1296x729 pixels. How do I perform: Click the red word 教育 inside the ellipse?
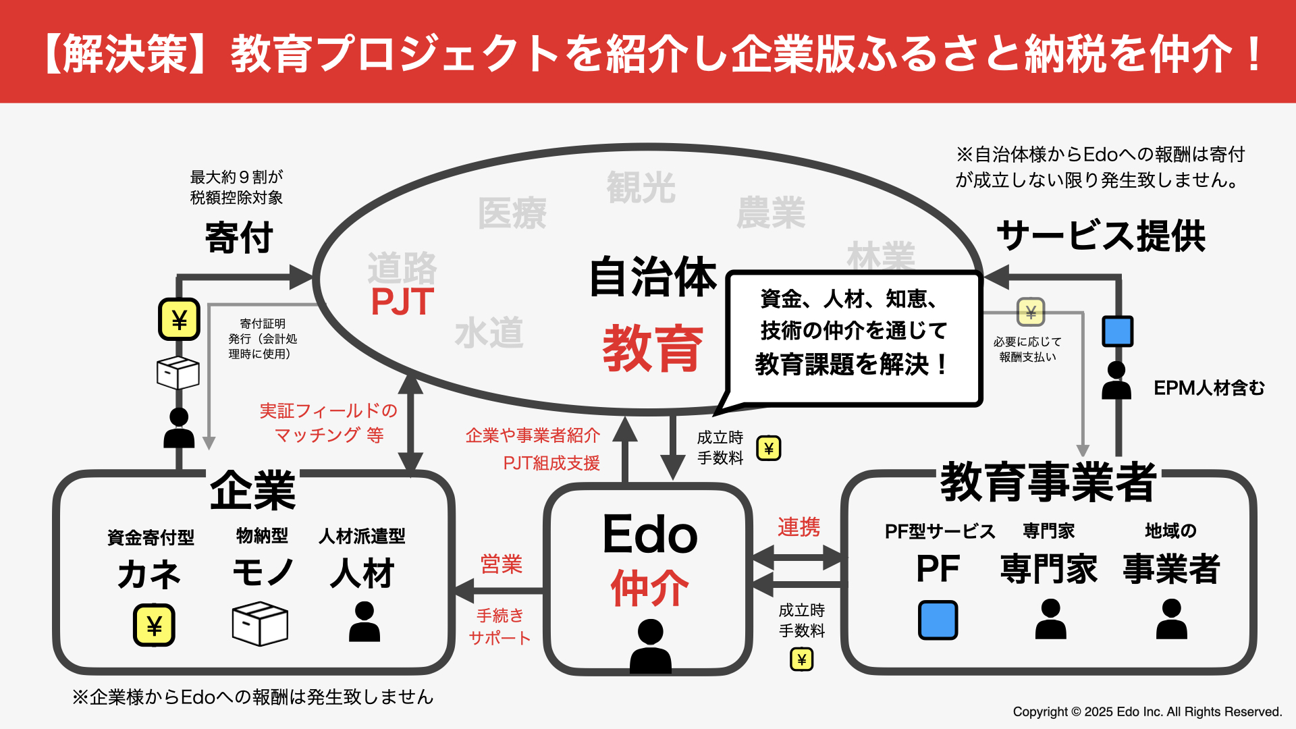652,348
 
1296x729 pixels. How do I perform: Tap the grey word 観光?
641,187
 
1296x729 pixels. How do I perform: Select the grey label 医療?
512,213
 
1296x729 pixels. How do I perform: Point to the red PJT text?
402,302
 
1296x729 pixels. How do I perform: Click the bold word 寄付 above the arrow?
239,238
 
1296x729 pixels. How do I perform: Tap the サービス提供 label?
1101,236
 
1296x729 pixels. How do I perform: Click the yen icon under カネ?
154,625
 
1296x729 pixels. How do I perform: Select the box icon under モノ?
260,624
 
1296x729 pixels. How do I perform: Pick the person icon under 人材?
364,622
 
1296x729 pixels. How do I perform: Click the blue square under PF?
938,620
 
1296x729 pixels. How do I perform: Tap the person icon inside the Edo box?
651,646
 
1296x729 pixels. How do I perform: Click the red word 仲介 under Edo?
650,588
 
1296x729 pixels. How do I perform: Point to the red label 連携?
799,527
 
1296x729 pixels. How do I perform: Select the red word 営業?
502,564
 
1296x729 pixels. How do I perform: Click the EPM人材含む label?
1209,388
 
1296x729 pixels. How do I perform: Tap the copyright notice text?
1147,711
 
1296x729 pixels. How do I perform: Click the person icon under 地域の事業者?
1172,619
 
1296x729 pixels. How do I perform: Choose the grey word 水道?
489,333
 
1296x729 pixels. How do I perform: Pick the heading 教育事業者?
1048,482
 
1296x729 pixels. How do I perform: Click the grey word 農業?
771,213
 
